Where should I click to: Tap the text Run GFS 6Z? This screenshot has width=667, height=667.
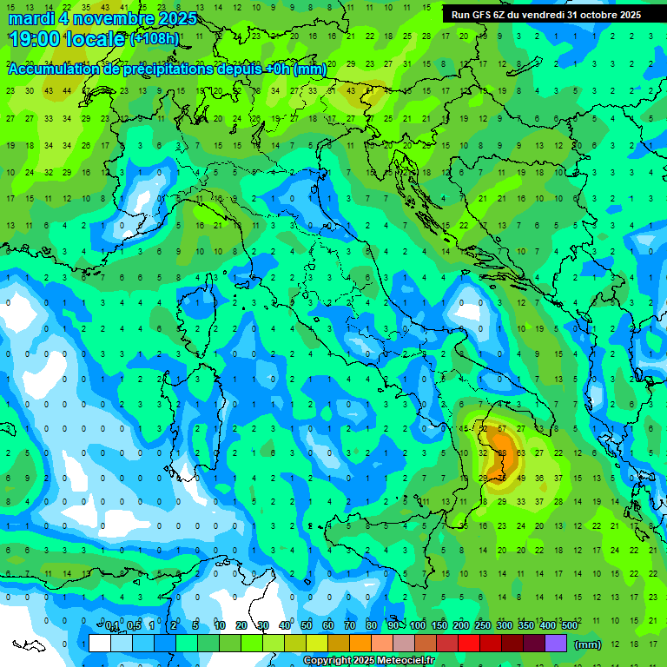479,15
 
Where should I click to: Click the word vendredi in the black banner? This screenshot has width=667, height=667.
542,15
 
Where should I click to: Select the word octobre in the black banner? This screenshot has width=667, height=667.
595,15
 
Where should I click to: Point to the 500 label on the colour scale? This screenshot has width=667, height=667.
569,626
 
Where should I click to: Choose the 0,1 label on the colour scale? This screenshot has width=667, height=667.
112,626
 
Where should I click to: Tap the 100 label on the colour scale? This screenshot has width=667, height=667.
418,626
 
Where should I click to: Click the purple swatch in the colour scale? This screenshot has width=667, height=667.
556,643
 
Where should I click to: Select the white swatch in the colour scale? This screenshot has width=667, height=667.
100,643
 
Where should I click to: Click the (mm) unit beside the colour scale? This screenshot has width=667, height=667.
588,644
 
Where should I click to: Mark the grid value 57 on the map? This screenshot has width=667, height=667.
502,428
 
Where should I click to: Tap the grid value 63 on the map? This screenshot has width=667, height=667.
520,452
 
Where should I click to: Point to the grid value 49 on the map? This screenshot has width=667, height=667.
520,478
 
